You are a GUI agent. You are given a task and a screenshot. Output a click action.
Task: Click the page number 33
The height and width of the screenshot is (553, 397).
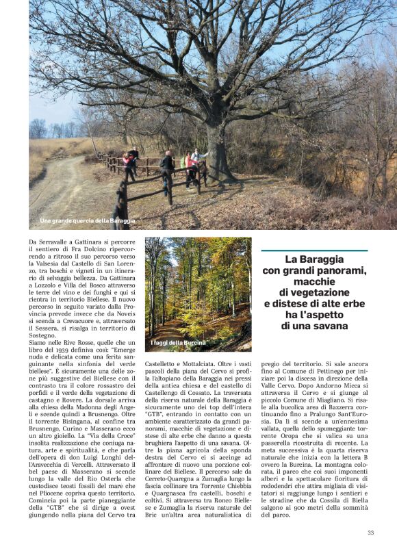370,532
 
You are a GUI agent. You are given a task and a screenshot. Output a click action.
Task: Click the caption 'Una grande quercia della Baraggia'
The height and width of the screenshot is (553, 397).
88,221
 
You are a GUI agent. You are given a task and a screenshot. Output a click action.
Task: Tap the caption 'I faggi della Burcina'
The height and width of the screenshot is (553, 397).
178,342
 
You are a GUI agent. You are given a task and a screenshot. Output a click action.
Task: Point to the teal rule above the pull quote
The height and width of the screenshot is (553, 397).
314,250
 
